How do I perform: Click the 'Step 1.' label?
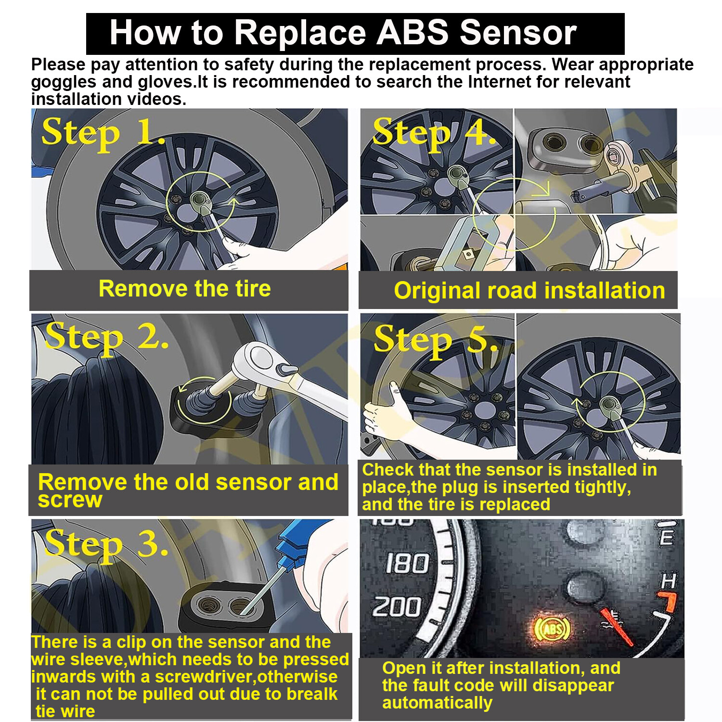coord(103,133)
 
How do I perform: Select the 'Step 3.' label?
coord(107,544)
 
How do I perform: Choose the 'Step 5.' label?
coord(435,339)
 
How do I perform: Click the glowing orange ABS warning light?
coord(553,629)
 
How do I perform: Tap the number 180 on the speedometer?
coord(407,563)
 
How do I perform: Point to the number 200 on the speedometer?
coord(397,606)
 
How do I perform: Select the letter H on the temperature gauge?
coord(669,581)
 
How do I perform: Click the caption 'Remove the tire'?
coord(184,289)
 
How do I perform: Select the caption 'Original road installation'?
coord(529,291)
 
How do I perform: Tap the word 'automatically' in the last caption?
coord(437,703)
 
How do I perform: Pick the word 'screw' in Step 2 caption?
coord(70,500)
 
